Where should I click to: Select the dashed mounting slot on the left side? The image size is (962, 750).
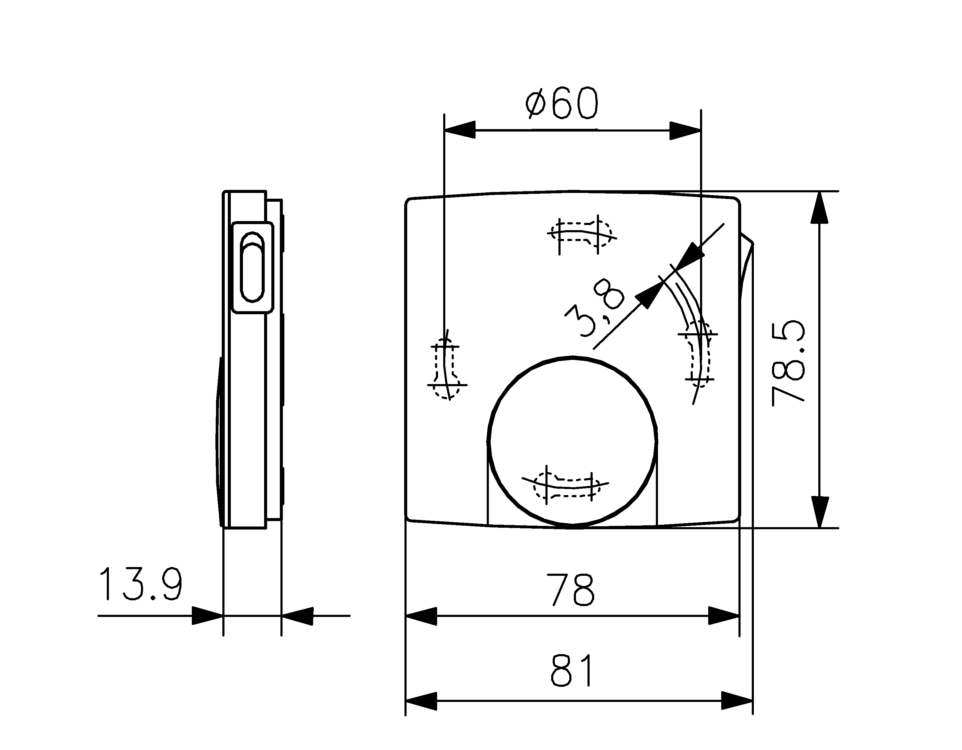click(x=446, y=369)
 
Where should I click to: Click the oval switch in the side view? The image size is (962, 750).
click(x=252, y=267)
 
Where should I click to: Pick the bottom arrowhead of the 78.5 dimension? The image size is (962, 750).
click(x=819, y=512)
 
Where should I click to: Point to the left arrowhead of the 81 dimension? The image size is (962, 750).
click(x=421, y=701)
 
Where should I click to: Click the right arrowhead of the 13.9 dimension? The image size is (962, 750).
click(x=297, y=616)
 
